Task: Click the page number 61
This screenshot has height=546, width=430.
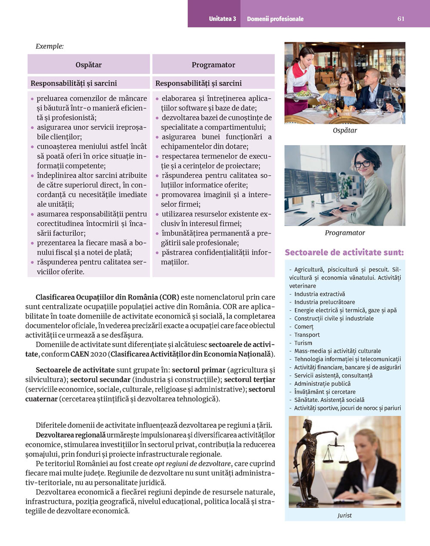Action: [401, 19]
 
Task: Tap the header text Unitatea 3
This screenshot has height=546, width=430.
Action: [222, 19]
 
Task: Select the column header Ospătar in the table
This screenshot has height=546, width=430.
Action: [89, 65]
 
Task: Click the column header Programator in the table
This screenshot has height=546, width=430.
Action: [213, 65]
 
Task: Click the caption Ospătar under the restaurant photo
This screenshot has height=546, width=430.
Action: [345, 130]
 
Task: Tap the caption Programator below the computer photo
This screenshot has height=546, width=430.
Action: [345, 233]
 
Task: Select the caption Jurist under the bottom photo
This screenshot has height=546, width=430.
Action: [344, 515]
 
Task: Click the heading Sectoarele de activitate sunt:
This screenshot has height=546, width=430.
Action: [344, 252]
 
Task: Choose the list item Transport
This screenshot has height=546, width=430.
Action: [307, 335]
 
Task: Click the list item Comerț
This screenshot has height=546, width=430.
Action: [304, 327]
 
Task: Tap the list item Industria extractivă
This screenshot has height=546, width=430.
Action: [319, 294]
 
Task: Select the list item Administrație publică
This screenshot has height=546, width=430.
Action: [322, 384]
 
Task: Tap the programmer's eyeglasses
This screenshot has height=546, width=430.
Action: [362, 164]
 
